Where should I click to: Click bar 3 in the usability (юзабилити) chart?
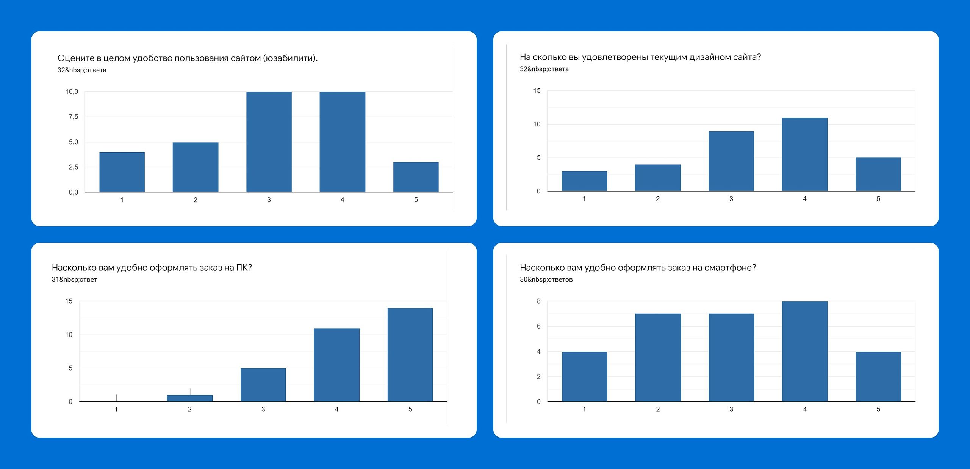pos(269,142)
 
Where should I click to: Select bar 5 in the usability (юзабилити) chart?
pos(416,177)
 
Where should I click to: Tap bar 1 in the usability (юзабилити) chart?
pos(122,172)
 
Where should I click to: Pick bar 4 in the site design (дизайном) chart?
pos(805,154)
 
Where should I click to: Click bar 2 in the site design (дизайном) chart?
pos(658,178)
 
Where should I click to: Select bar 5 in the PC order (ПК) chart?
pos(410,354)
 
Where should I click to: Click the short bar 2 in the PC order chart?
pos(190,398)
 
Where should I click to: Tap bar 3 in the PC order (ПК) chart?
pos(263,384)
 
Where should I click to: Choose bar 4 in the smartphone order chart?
pos(805,351)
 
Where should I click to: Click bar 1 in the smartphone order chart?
pos(584,376)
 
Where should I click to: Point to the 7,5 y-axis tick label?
pos(74,117)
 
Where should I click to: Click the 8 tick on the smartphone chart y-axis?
pos(539,301)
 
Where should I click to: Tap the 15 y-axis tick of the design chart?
pos(537,91)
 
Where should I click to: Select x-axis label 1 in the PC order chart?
pos(116,409)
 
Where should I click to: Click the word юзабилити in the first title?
pos(289,58)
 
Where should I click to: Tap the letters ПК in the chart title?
pos(242,268)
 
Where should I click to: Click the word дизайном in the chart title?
pos(707,57)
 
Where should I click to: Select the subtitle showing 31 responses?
pos(74,280)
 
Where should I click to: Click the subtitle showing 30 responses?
pos(546,280)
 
